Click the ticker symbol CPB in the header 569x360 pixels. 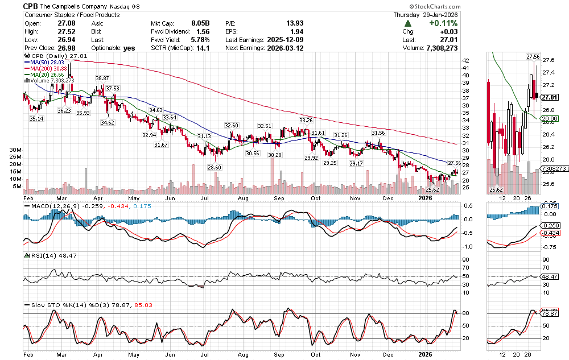31,5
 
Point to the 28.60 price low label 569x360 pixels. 214,168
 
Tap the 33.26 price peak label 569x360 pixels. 306,121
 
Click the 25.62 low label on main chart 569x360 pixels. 432,189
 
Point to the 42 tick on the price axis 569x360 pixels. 465,60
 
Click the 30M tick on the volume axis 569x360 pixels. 16,150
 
